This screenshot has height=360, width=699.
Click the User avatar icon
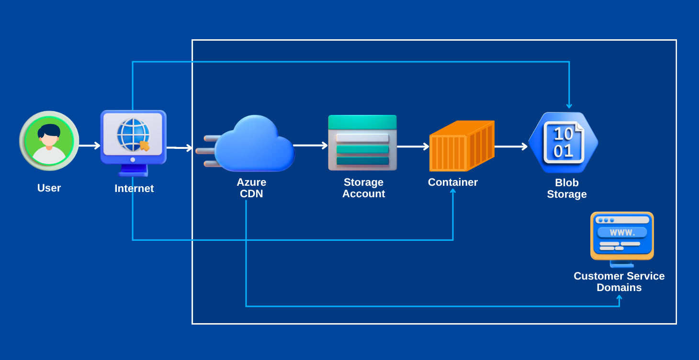coord(49,141)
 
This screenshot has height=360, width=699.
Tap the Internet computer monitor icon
coord(133,139)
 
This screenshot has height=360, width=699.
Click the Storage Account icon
coord(362,143)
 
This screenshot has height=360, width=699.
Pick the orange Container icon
coord(462,146)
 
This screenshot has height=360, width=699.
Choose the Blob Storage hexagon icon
coord(564,143)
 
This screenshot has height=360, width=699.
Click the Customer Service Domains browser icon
coord(622,237)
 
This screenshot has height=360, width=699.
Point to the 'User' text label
coord(49,188)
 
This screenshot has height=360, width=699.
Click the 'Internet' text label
coord(134,189)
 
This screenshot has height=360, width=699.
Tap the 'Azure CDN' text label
coord(251,188)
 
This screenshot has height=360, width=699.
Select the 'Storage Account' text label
coord(363,188)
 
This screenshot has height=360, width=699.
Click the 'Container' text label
coord(452,182)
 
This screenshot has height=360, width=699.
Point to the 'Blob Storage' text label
coord(567,189)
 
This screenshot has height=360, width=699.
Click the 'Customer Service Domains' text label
coord(619,282)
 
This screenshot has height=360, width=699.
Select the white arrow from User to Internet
coord(90,146)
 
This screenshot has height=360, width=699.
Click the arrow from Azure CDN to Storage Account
coord(310,145)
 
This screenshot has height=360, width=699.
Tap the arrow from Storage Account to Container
coord(413,146)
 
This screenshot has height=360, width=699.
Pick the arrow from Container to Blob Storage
coord(510,146)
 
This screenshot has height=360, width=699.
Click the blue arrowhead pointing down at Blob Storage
coord(569,106)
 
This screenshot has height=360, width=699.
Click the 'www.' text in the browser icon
coord(622,233)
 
